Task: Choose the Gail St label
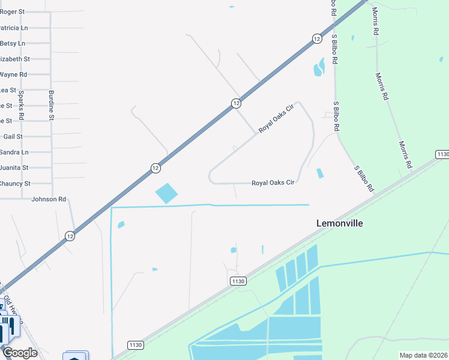(x=13, y=137)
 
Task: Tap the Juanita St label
(x=14, y=168)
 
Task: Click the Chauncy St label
(x=14, y=184)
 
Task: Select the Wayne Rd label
(x=13, y=74)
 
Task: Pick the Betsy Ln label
(x=13, y=43)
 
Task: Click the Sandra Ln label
(x=14, y=152)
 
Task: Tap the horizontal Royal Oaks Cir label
(x=273, y=182)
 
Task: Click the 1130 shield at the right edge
(x=442, y=155)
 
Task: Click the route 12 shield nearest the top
(x=316, y=38)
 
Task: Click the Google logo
(x=20, y=353)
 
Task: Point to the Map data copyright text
(x=424, y=355)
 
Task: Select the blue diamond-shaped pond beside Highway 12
(x=167, y=193)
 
